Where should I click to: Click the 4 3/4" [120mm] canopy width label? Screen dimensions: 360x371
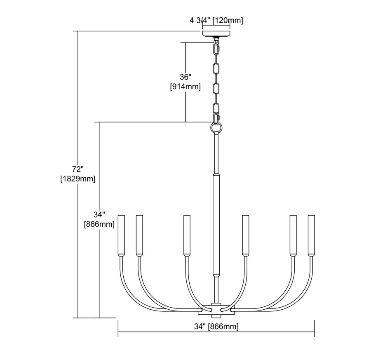click(x=216, y=20)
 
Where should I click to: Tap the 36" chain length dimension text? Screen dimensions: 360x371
click(x=185, y=77)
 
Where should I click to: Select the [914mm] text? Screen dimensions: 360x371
click(x=185, y=87)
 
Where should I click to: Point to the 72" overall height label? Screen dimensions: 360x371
click(x=77, y=169)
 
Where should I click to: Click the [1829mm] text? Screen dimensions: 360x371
click(x=77, y=179)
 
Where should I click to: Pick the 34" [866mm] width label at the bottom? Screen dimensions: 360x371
click(x=216, y=327)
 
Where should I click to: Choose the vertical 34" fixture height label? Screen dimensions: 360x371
click(x=99, y=215)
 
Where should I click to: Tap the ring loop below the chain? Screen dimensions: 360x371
click(x=216, y=127)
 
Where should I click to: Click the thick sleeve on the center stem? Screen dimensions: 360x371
click(x=216, y=225)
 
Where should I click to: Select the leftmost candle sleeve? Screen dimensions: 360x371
click(x=121, y=235)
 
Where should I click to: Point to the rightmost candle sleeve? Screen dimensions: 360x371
click(x=311, y=235)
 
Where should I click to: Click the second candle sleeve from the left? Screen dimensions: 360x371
click(x=139, y=235)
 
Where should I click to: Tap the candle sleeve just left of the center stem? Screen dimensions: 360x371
click(x=186, y=235)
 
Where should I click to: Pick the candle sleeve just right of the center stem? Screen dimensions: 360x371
click(x=246, y=235)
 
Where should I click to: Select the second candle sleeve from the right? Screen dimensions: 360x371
click(x=293, y=235)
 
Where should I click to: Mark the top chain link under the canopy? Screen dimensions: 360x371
click(x=216, y=49)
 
